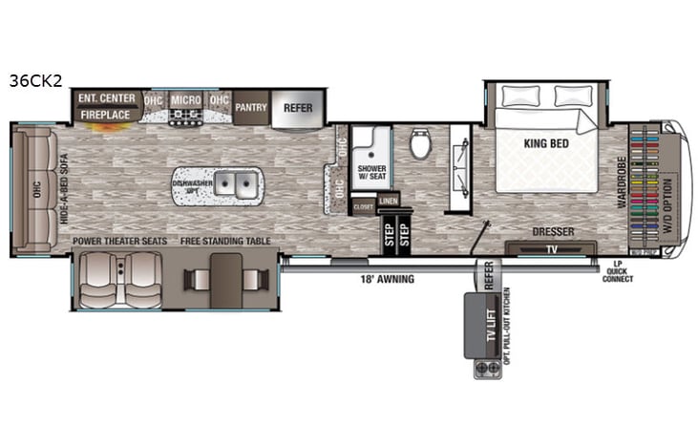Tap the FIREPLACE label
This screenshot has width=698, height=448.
click(105, 114)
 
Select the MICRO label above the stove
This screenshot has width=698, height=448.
click(185, 99)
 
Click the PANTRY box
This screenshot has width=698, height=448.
click(250, 108)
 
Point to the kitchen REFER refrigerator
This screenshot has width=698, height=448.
click(298, 108)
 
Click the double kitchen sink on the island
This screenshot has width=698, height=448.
click(235, 184)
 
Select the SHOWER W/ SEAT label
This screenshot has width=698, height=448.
click(370, 173)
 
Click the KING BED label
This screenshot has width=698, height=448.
click(546, 144)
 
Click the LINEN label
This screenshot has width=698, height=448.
click(387, 201)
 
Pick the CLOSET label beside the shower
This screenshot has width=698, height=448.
click(364, 206)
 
